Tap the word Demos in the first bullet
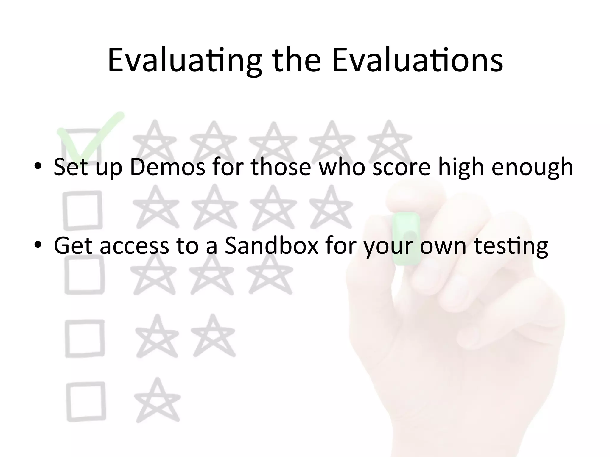[x=167, y=167]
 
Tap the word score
[x=402, y=167]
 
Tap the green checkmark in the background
[x=89, y=137]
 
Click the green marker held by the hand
[x=406, y=238]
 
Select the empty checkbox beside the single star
[x=86, y=401]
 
